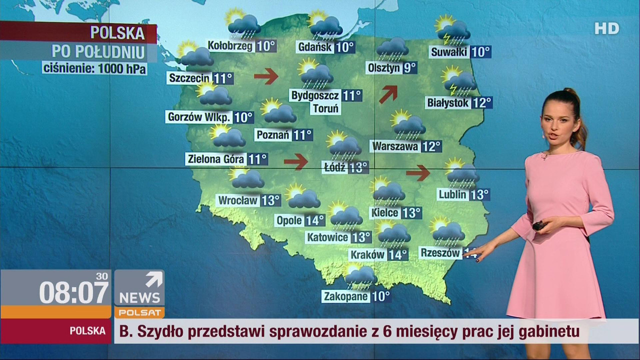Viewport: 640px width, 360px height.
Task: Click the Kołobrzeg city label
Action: pyautogui.click(x=230, y=46)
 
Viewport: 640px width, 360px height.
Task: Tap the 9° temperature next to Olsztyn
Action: pyautogui.click(x=409, y=67)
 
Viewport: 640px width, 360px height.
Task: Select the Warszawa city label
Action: pyautogui.click(x=395, y=146)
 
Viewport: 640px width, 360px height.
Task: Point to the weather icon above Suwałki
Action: pyautogui.click(x=452, y=30)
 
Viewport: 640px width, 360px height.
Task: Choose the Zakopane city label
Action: pyautogui.click(x=345, y=296)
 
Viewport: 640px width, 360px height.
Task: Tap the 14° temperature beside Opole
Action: pyautogui.click(x=315, y=220)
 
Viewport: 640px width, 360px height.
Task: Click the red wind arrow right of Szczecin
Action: pyautogui.click(x=265, y=76)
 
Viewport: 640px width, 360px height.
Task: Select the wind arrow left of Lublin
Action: pyautogui.click(x=418, y=173)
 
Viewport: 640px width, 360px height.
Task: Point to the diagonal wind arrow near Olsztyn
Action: pyautogui.click(x=388, y=93)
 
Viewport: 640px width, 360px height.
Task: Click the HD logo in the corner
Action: pyautogui.click(x=606, y=28)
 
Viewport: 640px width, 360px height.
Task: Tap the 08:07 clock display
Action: pyautogui.click(x=73, y=292)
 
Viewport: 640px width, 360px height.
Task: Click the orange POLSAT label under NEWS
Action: pyautogui.click(x=139, y=313)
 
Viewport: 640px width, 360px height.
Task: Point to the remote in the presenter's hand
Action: pyautogui.click(x=538, y=225)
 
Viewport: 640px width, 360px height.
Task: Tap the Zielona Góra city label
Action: pyautogui.click(x=216, y=159)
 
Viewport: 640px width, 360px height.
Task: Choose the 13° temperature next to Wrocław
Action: pyautogui.click(x=270, y=200)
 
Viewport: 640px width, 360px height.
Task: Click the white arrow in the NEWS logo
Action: pyautogui.click(x=154, y=279)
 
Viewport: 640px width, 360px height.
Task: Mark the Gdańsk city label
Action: pyautogui.click(x=314, y=47)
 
